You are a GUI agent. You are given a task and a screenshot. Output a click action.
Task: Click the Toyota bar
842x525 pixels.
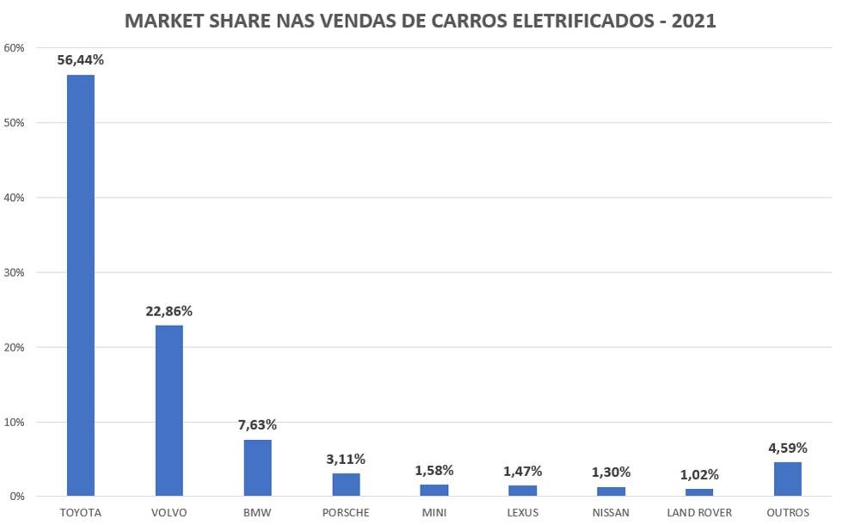click(x=81, y=285)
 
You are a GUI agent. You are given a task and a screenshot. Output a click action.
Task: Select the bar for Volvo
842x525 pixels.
click(x=169, y=411)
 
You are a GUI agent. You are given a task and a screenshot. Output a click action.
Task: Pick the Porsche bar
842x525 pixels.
click(x=346, y=485)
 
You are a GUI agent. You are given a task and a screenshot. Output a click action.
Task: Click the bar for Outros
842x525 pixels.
click(x=787, y=479)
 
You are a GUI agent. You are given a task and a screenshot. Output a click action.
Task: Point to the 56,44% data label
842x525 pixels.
click(x=81, y=60)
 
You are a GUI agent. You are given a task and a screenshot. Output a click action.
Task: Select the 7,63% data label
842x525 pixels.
click(x=257, y=425)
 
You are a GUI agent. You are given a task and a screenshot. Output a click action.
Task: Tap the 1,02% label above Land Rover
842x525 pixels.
click(x=698, y=474)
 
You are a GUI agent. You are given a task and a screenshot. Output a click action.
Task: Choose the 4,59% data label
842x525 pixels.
click(x=787, y=448)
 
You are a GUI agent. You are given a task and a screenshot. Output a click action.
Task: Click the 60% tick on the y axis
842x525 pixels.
click(x=14, y=48)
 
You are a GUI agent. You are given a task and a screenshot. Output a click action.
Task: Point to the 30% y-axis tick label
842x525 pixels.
click(x=14, y=272)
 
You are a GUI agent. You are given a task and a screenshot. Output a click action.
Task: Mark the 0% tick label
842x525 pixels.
click(x=17, y=497)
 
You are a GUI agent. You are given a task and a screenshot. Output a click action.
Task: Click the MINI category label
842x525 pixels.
click(x=434, y=513)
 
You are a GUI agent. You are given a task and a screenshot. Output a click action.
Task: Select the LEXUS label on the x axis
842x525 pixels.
click(x=522, y=513)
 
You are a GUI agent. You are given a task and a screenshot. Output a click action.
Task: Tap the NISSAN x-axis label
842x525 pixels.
click(x=611, y=513)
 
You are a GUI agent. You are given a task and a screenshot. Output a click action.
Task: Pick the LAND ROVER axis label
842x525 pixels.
click(x=698, y=513)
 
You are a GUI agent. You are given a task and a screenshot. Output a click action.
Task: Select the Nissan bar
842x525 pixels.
click(x=611, y=491)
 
